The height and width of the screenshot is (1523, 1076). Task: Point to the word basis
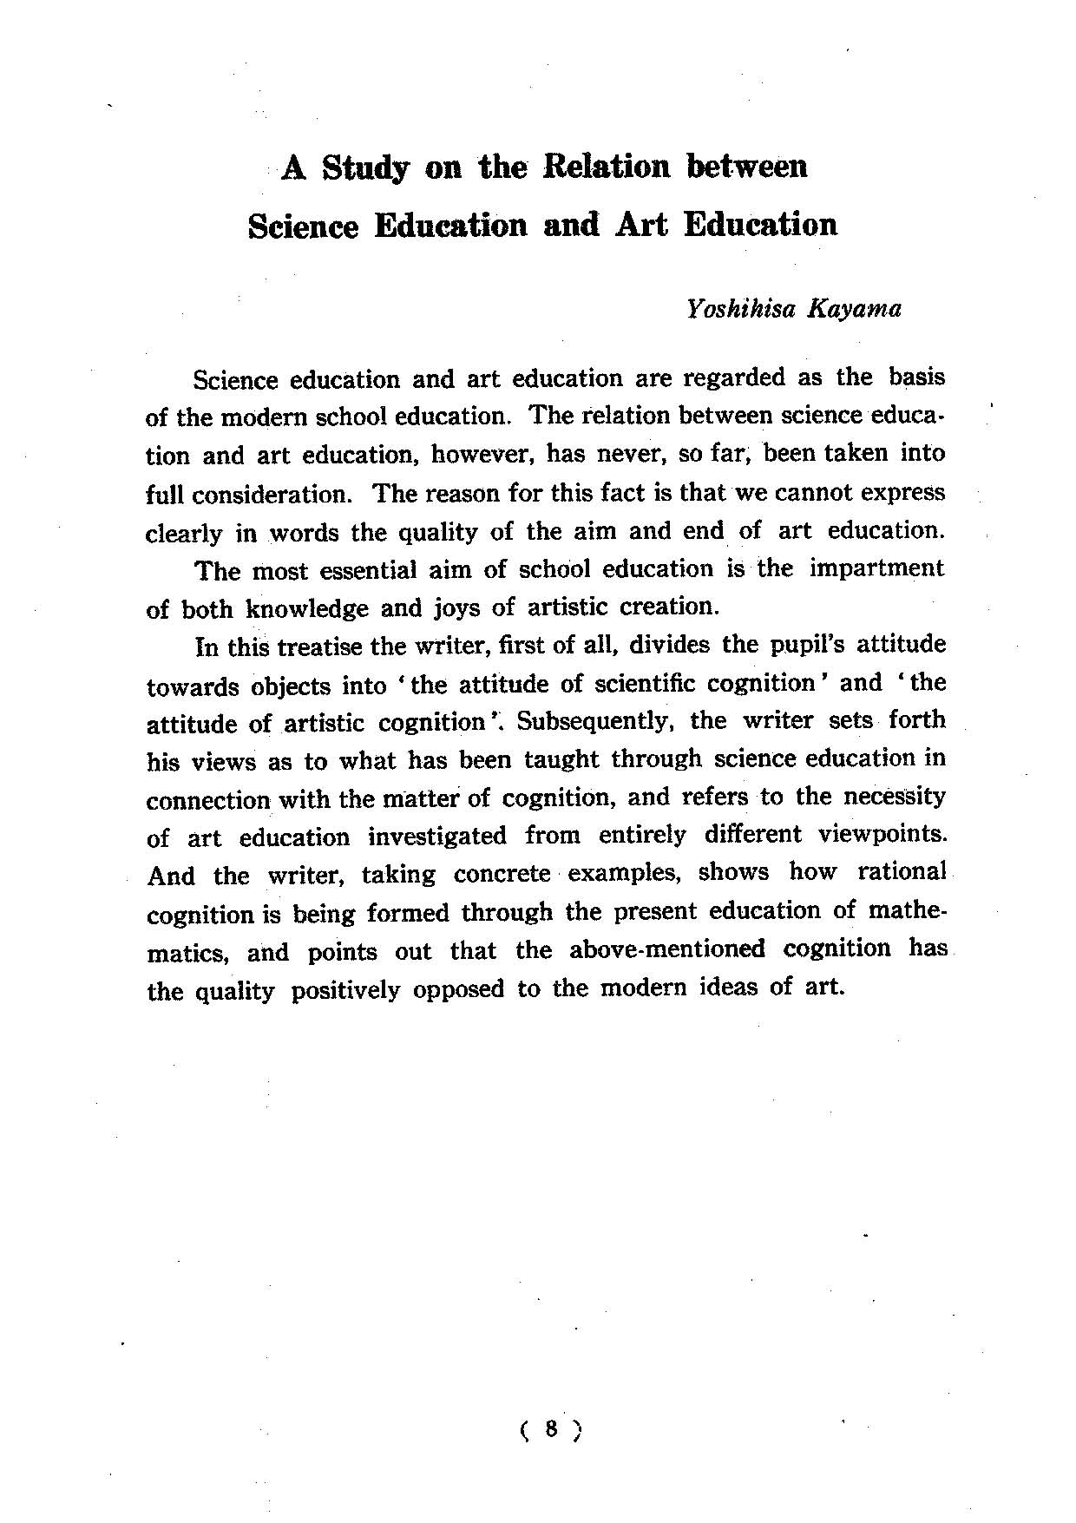point(916,378)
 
